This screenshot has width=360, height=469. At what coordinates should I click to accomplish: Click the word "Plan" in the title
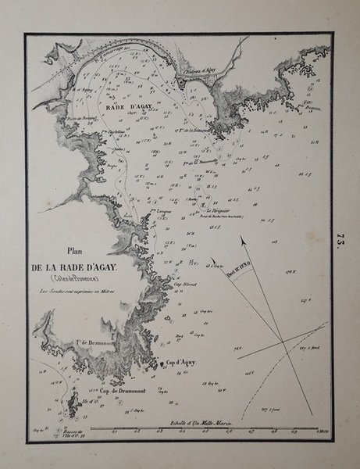75,252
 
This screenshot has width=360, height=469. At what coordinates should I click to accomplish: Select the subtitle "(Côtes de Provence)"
75,280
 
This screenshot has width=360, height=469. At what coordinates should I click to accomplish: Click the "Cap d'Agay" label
180,363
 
